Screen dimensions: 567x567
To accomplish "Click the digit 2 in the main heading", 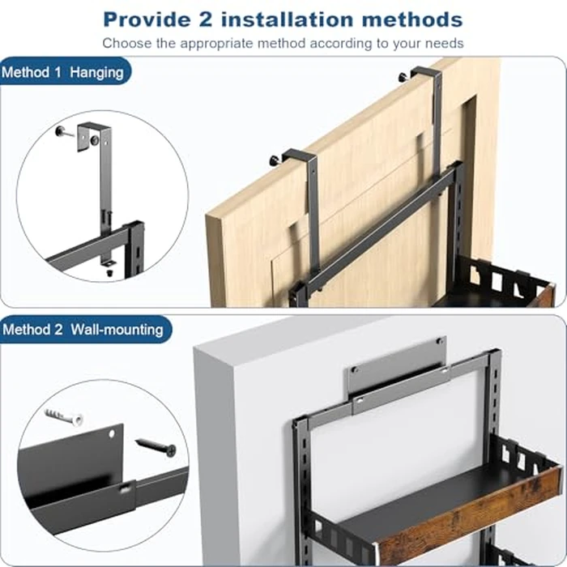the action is point(205,19).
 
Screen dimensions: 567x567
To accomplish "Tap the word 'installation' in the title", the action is point(287,19).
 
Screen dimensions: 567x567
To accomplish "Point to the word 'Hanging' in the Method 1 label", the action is point(96,73).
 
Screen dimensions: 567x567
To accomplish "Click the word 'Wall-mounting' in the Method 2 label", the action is point(117,330).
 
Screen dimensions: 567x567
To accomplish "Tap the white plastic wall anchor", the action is point(64,417).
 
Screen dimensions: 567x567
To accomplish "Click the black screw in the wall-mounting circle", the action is point(156,446).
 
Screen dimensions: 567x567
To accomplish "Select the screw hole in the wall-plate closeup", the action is point(112,434).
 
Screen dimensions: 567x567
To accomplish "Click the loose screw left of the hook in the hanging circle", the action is point(63,131).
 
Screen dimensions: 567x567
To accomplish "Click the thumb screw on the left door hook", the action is point(275,159).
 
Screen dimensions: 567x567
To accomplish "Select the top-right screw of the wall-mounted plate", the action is point(440,341).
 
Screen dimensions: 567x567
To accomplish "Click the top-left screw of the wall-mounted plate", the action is point(355,369).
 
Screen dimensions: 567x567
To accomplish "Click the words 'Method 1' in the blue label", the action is point(32,72).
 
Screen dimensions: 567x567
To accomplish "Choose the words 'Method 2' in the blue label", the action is point(32,330).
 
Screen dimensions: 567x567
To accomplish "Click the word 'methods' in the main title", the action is point(412,19).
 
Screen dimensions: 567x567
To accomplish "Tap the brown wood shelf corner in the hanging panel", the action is point(547,296).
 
